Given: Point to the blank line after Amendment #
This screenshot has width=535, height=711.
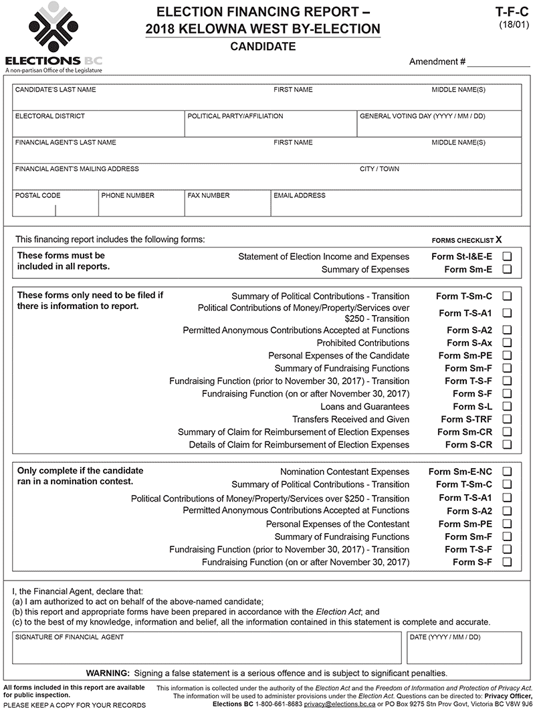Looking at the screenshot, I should coord(498,62).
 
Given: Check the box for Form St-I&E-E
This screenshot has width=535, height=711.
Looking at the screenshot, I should coord(507,256).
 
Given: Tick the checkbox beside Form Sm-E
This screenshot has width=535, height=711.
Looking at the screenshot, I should coord(507,270).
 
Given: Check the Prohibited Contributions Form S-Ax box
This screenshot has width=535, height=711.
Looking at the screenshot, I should coord(507,343).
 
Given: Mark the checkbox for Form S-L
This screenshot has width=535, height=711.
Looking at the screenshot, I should coord(507,407).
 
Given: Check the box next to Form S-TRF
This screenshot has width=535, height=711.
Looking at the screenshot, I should coord(507,419).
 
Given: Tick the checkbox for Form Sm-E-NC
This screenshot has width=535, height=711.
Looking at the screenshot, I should coord(507,472).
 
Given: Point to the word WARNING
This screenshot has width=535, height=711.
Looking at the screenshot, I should coord(108,673).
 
